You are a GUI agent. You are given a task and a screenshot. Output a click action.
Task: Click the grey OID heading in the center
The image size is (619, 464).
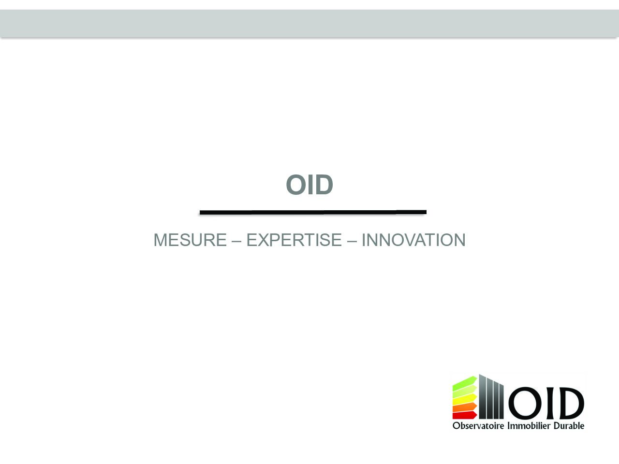(x=309, y=185)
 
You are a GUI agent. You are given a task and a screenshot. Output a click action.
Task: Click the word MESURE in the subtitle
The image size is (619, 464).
(x=190, y=240)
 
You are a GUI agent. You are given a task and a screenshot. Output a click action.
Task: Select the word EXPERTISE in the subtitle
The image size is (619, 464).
(x=294, y=240)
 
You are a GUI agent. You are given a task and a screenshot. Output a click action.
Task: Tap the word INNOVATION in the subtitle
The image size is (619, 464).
(x=413, y=240)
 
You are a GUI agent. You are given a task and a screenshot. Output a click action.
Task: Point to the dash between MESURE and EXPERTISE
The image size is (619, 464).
(x=236, y=241)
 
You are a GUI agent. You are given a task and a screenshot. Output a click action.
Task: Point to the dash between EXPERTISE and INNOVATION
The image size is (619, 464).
(x=352, y=241)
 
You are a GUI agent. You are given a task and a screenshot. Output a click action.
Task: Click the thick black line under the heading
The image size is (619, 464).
(x=313, y=212)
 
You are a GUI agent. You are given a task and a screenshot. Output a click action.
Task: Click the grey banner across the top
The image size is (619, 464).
(x=309, y=23)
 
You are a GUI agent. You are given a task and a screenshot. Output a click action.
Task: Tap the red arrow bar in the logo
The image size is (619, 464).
(x=464, y=415)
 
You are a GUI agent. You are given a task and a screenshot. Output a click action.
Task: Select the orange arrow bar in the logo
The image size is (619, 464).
(x=464, y=407)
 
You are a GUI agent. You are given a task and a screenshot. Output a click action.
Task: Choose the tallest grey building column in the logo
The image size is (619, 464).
(x=483, y=396)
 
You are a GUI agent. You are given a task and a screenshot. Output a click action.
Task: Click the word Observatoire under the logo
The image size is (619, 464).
(x=478, y=425)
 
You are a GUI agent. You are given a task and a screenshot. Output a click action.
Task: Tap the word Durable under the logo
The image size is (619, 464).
(x=569, y=425)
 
